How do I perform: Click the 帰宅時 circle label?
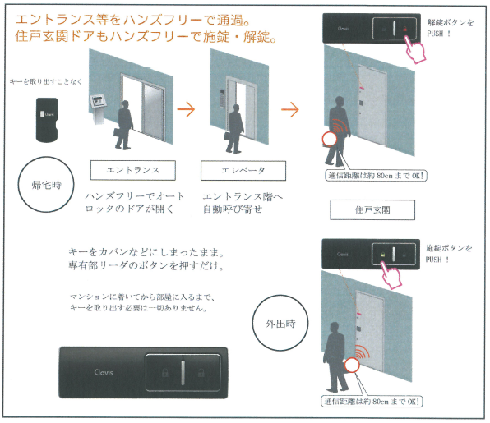pyautogui.click(x=46, y=185)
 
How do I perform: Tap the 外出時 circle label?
pyautogui.click(x=280, y=323)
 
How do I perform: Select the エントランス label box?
pyautogui.click(x=133, y=170)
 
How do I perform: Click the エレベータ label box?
pyautogui.click(x=243, y=171)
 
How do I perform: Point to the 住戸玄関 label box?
pyautogui.click(x=372, y=209)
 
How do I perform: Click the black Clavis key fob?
pyautogui.click(x=47, y=120)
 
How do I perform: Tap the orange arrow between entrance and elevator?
pyautogui.click(x=187, y=109)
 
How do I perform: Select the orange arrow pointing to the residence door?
pyautogui.click(x=290, y=109)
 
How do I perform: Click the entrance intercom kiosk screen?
pyautogui.click(x=97, y=101)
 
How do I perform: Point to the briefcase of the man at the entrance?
pyautogui.click(x=118, y=131)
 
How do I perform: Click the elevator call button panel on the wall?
pyautogui.click(x=222, y=98)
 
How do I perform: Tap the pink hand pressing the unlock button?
pyautogui.click(x=414, y=49)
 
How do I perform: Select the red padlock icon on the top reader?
pyautogui.click(x=405, y=29)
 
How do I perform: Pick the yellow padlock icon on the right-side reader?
pyautogui.click(x=383, y=255)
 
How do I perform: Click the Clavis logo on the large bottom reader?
pyautogui.click(x=104, y=372)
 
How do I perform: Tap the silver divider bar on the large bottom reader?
pyautogui.click(x=183, y=372)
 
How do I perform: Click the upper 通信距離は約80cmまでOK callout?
pyautogui.click(x=376, y=176)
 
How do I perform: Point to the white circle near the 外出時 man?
pyautogui.click(x=352, y=366)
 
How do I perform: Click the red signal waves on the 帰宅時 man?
pyautogui.click(x=340, y=126)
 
